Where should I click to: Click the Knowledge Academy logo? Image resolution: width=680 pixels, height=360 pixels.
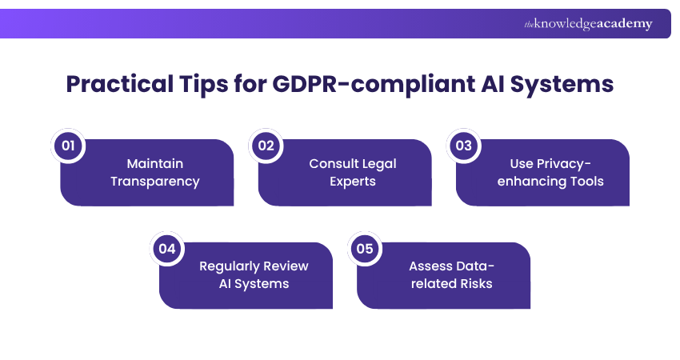[x=588, y=24]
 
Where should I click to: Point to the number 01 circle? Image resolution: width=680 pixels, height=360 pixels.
[x=68, y=146]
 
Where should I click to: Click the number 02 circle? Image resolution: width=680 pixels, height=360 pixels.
[x=266, y=146]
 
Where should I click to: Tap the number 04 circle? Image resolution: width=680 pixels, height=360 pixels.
[x=166, y=249]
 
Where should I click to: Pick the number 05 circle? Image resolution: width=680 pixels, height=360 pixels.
[x=365, y=249]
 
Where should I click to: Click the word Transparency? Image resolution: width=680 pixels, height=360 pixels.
[x=155, y=181]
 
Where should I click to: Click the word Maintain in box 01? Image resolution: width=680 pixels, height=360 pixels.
[x=155, y=163]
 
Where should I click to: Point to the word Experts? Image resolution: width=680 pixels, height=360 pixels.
[x=353, y=181]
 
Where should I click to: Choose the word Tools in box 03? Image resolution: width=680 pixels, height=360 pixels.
[x=586, y=181]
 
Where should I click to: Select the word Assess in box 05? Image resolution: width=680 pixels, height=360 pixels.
[x=429, y=266]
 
